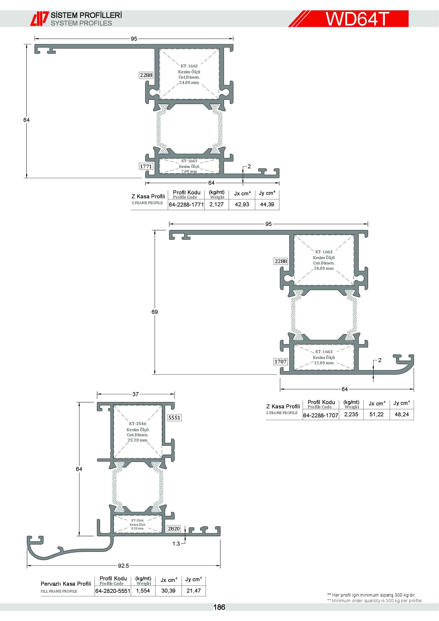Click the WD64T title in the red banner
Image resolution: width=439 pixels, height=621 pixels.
[357, 19]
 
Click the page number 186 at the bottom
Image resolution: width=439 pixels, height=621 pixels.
[219, 607]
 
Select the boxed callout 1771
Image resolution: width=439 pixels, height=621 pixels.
[146, 166]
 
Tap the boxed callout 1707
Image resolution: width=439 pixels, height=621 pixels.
[281, 362]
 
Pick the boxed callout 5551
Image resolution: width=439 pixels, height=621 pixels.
[174, 418]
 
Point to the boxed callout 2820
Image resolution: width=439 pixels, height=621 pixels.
[174, 529]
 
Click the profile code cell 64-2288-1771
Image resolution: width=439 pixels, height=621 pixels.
[186, 204]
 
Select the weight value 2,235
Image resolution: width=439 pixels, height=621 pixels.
[351, 414]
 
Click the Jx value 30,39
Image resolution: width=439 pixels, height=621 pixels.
[169, 591]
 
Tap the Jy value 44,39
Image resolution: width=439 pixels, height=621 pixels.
[267, 204]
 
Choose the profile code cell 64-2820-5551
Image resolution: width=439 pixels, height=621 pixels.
[113, 591]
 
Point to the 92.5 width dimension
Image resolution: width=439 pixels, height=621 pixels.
[123, 566]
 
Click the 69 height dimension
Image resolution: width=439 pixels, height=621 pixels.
[155, 312]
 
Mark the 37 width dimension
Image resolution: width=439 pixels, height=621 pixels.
[135, 394]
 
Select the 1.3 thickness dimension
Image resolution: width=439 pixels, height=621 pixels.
[176, 544]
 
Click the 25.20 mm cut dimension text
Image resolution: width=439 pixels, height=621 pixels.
[137, 440]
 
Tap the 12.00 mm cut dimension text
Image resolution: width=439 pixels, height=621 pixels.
[324, 363]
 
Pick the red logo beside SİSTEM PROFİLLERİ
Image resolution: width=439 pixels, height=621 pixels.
[40, 19]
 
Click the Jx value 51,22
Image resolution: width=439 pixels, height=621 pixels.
[377, 414]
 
